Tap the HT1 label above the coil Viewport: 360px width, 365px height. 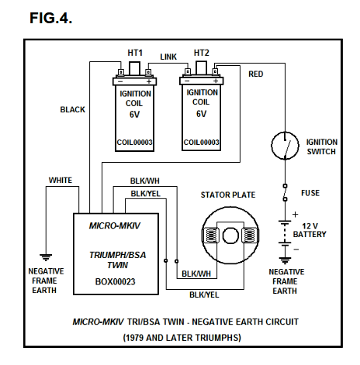[134, 52]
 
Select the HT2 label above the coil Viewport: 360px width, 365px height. [202, 52]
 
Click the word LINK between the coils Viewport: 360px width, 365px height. [168, 57]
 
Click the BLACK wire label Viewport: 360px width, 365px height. [73, 110]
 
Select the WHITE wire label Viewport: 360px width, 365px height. [61, 180]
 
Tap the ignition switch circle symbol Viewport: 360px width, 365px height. [286, 144]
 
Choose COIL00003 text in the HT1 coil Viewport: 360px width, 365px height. [134, 143]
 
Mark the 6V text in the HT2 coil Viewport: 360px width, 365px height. [202, 113]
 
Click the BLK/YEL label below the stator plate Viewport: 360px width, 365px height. [205, 294]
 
